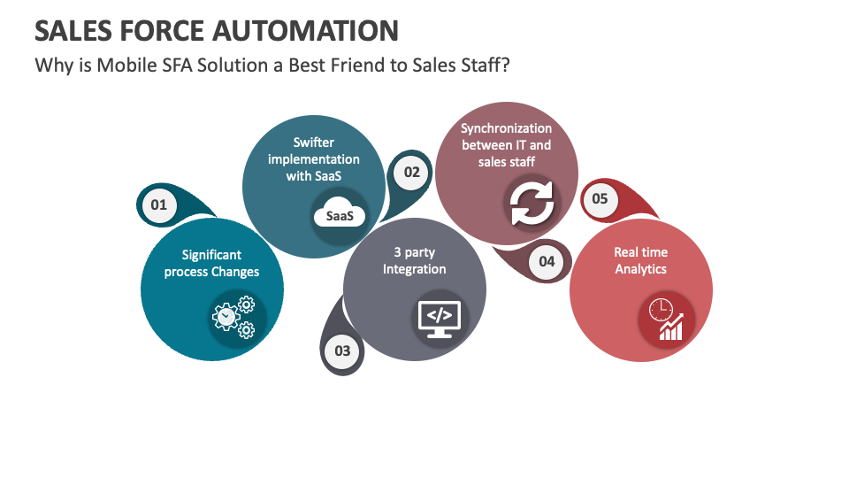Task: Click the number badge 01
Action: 158,205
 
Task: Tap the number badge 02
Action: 412,172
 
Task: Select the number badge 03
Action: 342,351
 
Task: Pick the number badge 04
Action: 547,261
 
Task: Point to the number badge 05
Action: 600,198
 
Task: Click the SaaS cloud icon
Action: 339,215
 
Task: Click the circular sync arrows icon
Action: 532,204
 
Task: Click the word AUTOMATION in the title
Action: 305,31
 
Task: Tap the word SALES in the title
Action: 69,31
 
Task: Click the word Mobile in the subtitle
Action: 119,66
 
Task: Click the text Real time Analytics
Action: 640,261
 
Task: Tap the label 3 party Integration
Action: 414,261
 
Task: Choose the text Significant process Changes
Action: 211,264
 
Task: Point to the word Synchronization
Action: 506,128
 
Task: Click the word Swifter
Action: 314,143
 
